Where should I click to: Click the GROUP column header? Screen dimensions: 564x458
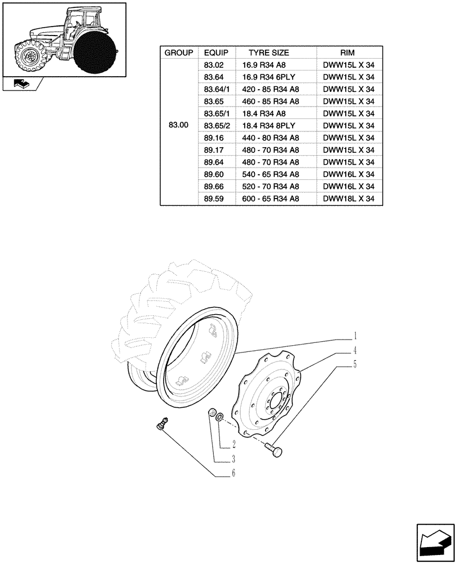(x=178, y=52)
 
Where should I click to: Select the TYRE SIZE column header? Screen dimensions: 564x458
(x=268, y=52)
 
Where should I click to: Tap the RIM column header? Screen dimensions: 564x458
(x=348, y=52)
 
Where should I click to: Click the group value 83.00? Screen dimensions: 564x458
(x=178, y=125)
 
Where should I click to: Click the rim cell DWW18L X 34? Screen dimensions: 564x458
(x=348, y=199)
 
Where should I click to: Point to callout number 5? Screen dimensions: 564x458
(x=355, y=365)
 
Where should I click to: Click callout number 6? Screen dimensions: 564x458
(x=233, y=474)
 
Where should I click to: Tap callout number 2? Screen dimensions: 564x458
(x=233, y=444)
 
